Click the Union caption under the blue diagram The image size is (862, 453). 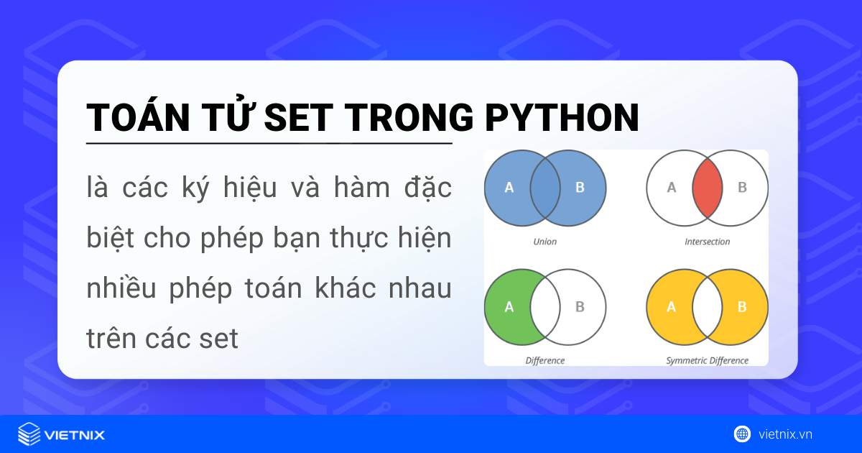[544, 242]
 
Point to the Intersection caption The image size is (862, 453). [707, 242]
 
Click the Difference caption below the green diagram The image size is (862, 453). [544, 360]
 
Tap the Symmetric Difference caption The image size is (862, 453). [707, 360]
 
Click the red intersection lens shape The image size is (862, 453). [707, 188]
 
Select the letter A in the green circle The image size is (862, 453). [509, 307]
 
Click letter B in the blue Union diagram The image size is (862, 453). [580, 188]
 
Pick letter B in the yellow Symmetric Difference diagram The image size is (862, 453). [743, 307]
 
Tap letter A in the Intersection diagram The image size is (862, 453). [672, 188]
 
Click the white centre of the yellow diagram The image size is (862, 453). [707, 307]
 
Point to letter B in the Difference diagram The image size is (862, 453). [580, 307]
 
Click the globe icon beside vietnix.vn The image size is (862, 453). [742, 434]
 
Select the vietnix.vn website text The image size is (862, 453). [785, 434]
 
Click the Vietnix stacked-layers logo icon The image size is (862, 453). [29, 434]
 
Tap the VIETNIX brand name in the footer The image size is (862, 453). [75, 434]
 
